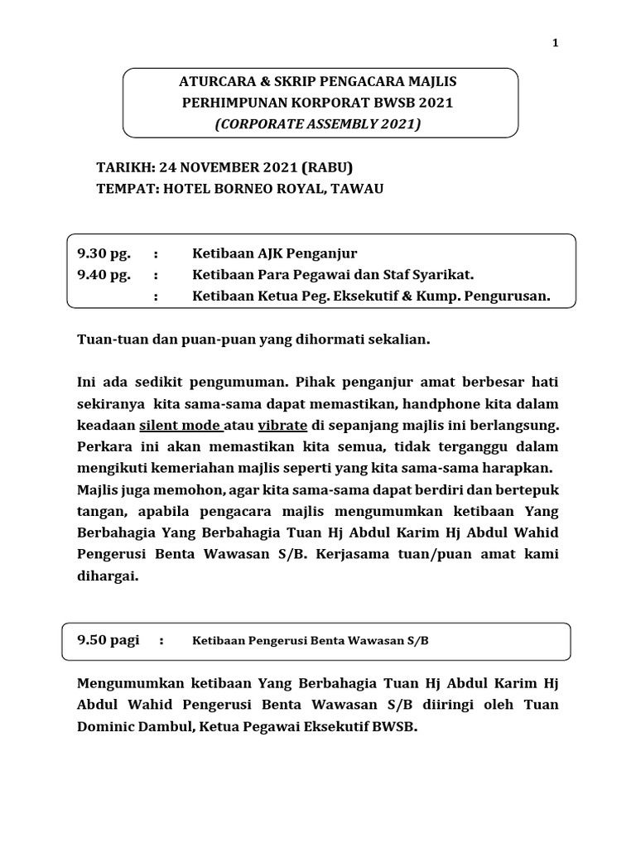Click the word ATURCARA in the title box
[218, 82]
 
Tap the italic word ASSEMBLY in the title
[350, 124]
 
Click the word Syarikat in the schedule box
[447, 274]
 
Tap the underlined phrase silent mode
[181, 426]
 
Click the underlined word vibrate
[282, 426]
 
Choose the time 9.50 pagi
[108, 640]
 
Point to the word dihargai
[108, 577]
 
